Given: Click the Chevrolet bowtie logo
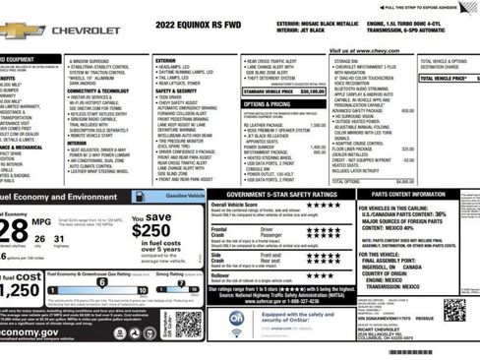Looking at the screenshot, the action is coord(23,30).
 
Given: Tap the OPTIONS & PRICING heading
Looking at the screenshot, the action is coord(267,103).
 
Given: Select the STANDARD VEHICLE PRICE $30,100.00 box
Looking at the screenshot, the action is coord(283,90).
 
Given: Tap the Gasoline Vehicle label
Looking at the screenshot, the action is coord(183,197).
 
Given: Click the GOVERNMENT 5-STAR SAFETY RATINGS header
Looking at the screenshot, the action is coord(280,195).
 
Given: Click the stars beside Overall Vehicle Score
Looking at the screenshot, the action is coord(323,205).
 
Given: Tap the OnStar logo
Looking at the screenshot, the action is coord(236,320).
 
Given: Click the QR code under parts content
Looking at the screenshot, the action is coord(454,310).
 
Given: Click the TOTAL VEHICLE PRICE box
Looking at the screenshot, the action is coord(449,77).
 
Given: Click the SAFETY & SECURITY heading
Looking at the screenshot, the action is coord(177,90).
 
